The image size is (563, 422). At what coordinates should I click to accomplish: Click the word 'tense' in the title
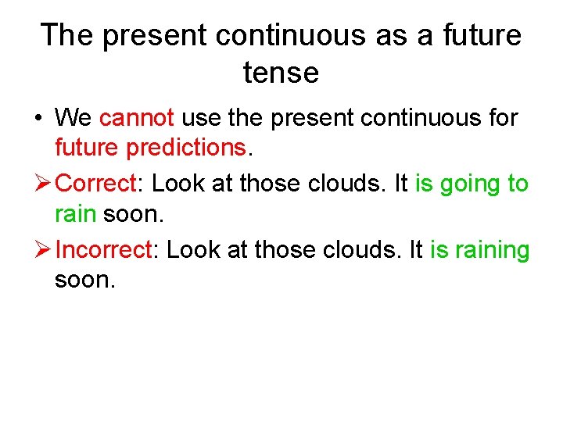coord(281,73)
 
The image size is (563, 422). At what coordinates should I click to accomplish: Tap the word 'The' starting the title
coord(68,35)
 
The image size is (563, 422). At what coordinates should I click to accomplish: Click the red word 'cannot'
coord(137,118)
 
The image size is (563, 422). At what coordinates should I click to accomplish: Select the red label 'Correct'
coord(97,184)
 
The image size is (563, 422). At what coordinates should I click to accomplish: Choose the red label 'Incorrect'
coord(105,250)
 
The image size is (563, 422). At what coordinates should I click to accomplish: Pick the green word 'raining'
coord(491,250)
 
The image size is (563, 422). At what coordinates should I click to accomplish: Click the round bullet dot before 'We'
coord(37,119)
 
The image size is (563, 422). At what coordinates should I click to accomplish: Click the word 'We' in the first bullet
coord(74,118)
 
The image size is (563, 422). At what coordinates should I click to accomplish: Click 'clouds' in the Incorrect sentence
coord(366,250)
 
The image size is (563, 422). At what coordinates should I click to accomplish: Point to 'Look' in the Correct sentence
coord(177,184)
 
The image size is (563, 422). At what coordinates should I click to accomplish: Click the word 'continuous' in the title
coord(304,35)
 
